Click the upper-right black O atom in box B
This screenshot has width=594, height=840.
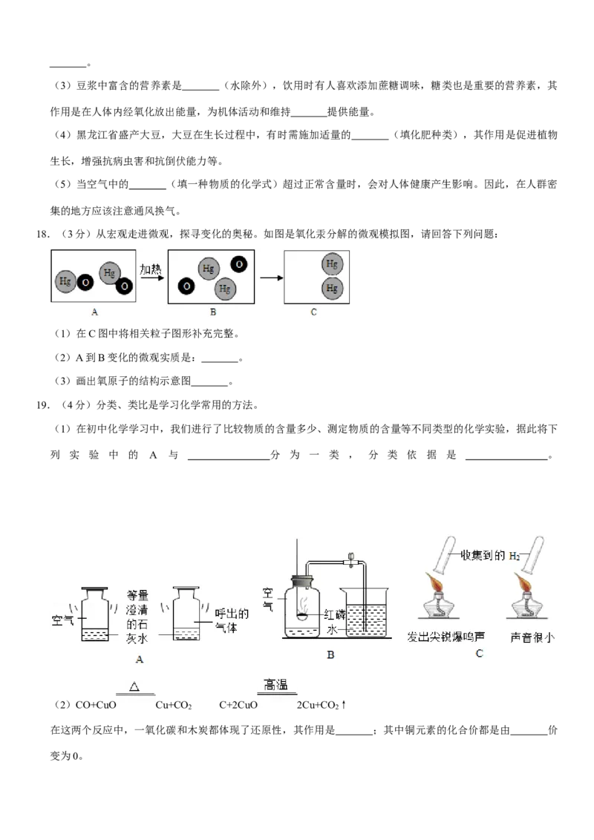239,263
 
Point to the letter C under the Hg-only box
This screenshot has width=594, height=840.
313,312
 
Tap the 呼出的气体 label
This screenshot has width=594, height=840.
231,621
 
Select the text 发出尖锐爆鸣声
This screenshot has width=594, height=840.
446,637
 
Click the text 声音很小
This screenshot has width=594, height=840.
533,637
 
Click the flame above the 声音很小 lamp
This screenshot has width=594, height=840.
526,584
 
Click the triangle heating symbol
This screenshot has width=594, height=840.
134,686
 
